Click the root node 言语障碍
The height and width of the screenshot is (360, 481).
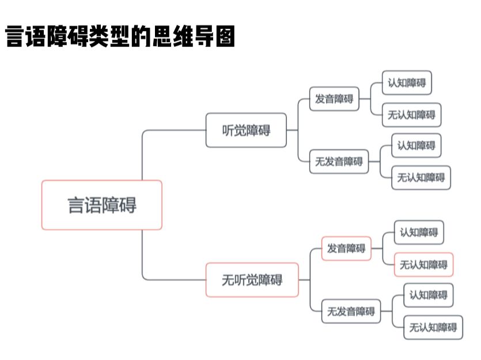pyautogui.click(x=101, y=205)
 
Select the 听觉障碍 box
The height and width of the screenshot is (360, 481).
pyautogui.click(x=246, y=130)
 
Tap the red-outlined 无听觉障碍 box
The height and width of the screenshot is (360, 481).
pyautogui.click(x=252, y=280)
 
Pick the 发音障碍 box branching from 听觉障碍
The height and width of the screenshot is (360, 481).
pyautogui.click(x=334, y=99)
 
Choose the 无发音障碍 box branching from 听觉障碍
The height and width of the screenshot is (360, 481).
pyautogui.click(x=338, y=161)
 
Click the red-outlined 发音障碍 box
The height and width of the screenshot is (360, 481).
pyautogui.click(x=346, y=248)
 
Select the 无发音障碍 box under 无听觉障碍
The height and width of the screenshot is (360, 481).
pyautogui.click(x=351, y=311)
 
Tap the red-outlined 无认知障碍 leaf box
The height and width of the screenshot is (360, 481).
pyautogui.click(x=423, y=264)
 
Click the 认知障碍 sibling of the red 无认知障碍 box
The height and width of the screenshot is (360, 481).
pyautogui.click(x=419, y=233)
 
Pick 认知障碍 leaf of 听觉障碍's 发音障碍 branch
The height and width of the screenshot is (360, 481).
pyautogui.click(x=407, y=82)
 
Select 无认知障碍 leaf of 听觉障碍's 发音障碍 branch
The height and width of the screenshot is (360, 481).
pyautogui.click(x=411, y=115)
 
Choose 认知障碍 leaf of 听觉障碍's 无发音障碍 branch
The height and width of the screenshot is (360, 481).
pyautogui.click(x=416, y=145)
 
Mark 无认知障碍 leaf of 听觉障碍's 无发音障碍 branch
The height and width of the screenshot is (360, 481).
pyautogui.click(x=421, y=177)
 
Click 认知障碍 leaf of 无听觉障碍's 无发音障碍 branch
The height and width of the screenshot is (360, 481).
pyautogui.click(x=428, y=295)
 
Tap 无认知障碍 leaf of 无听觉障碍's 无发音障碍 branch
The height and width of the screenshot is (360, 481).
pyautogui.click(x=433, y=327)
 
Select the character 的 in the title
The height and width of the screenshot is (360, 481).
pyautogui.click(x=138, y=37)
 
